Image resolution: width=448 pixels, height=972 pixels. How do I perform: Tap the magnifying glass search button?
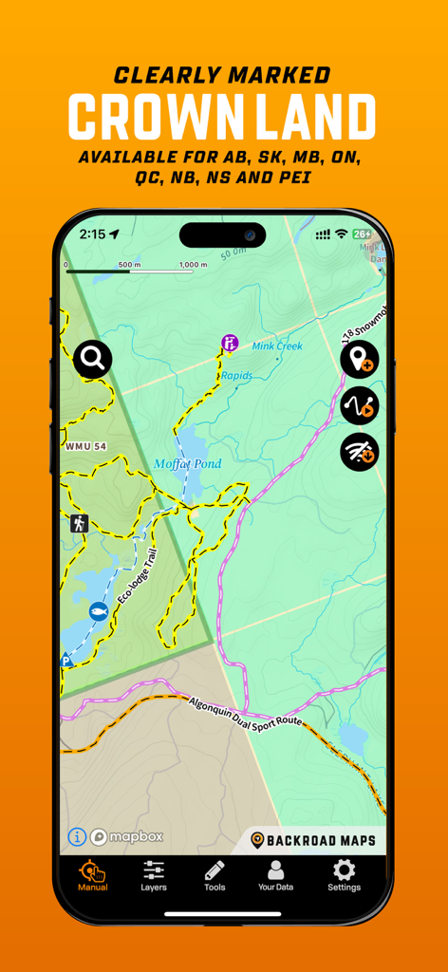[92, 359]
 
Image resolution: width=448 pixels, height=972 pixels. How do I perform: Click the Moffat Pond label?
[188, 464]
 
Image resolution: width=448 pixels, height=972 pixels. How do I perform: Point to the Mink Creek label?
[277, 346]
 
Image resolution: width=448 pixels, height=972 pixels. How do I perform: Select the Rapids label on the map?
[236, 376]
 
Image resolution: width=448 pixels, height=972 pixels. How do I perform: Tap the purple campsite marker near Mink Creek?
[229, 342]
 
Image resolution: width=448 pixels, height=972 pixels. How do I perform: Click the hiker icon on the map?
[79, 523]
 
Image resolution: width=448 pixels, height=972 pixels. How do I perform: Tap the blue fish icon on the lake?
[97, 611]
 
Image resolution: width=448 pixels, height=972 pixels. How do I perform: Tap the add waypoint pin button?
[360, 361]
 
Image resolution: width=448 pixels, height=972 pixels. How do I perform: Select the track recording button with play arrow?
[360, 406]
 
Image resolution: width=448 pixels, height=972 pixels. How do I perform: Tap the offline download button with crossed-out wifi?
[360, 452]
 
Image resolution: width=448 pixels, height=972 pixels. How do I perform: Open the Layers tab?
[154, 875]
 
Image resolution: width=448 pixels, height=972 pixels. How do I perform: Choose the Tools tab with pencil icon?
[215, 875]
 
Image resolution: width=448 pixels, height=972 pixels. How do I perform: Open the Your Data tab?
[275, 875]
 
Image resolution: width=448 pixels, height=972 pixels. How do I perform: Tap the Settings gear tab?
[344, 875]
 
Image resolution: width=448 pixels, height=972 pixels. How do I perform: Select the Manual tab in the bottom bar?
[93, 875]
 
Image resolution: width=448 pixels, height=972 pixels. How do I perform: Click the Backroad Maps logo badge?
[313, 840]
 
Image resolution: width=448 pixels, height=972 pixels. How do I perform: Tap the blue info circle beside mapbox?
[77, 836]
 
